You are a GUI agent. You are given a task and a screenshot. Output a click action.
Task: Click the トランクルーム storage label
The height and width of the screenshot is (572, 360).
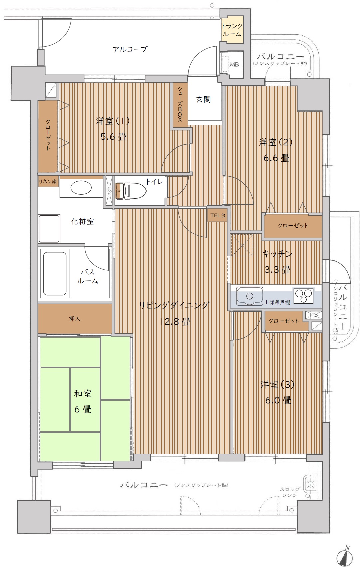(x=232, y=30)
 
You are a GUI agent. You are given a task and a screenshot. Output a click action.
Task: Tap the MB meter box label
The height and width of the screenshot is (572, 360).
(x=234, y=64)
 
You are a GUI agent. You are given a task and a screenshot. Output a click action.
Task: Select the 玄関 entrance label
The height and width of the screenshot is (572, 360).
(x=203, y=99)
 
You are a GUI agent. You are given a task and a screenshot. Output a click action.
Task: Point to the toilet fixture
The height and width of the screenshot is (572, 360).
(x=130, y=191)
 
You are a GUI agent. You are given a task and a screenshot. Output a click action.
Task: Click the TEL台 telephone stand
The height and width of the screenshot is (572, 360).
(x=218, y=215)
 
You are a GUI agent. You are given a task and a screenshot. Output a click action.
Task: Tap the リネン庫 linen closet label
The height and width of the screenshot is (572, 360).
(x=48, y=182)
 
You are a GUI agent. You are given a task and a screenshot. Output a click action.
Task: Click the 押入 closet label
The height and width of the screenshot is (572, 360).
(x=74, y=319)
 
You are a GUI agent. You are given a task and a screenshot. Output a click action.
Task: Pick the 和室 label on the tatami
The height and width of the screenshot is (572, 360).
(x=83, y=394)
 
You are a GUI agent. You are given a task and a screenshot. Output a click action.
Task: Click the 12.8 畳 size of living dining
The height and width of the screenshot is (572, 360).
(x=174, y=322)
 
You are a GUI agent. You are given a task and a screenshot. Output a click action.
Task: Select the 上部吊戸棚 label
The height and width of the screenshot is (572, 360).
(x=277, y=302)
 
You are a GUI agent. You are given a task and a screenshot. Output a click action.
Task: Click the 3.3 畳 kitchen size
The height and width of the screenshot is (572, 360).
(x=277, y=269)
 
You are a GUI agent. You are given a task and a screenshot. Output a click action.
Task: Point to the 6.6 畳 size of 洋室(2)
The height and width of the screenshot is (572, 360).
(x=276, y=158)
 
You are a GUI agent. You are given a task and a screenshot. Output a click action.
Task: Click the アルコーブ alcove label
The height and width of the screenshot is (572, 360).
(x=130, y=49)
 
